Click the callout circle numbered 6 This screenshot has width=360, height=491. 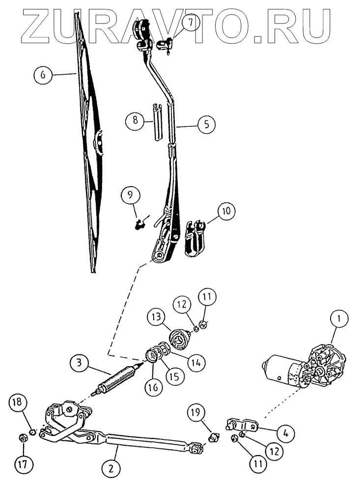point(43,75)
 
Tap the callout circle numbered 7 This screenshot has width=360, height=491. point(188,23)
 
